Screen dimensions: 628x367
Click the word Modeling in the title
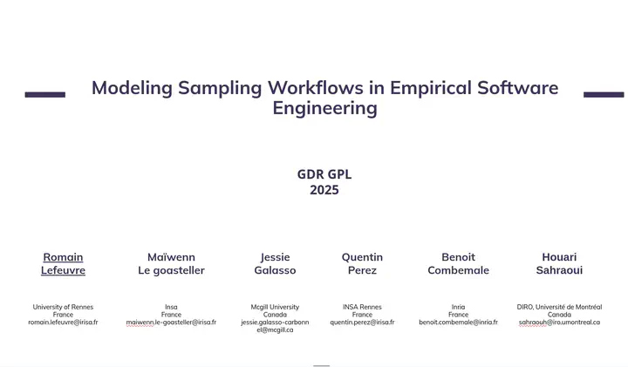132,89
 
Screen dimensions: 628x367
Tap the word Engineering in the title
324,109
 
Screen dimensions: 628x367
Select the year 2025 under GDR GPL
324,190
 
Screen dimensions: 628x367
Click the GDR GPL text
324,174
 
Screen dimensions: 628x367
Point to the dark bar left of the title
44,94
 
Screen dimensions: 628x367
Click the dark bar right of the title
604,94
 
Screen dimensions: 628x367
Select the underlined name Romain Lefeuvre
63,264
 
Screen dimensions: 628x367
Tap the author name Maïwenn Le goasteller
171,264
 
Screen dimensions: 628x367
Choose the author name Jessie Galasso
275,264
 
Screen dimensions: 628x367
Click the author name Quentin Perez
362,264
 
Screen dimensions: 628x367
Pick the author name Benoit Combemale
458,264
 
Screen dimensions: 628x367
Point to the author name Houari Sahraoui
559,264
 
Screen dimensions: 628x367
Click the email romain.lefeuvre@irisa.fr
63,323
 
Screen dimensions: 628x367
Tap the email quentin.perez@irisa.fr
362,323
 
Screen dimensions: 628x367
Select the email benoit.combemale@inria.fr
458,323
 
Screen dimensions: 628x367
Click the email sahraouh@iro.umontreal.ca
559,323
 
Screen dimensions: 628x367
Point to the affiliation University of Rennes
63,307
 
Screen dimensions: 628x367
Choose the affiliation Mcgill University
275,307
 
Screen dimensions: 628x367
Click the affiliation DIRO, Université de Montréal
559,307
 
